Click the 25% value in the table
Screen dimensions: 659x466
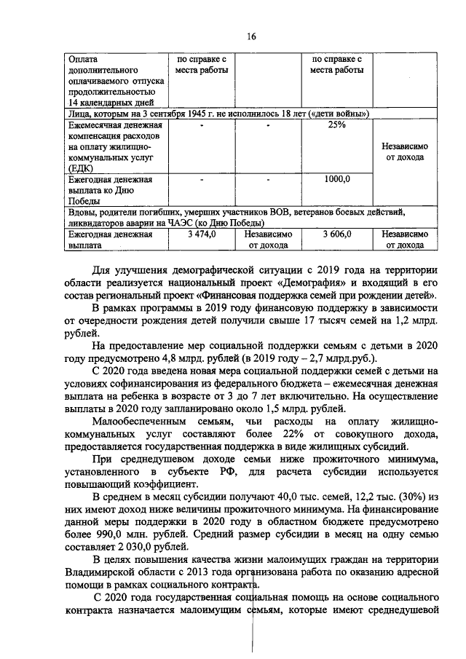tap(336, 125)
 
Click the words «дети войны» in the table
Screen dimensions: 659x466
tap(338, 114)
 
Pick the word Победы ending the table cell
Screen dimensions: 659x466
tap(86, 201)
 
